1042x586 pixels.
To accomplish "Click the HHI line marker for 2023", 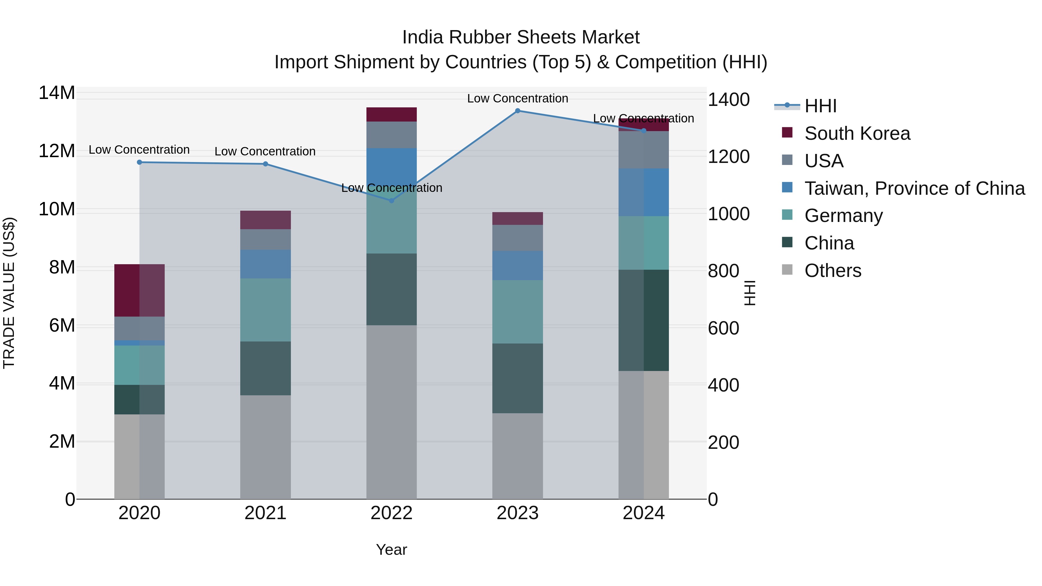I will (x=517, y=111).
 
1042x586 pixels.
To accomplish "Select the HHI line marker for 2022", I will (x=391, y=201).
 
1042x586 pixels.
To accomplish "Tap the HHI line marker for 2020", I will (x=140, y=162).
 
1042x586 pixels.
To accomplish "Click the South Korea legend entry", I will (x=857, y=133).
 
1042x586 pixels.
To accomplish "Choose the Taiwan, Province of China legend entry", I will (x=914, y=188).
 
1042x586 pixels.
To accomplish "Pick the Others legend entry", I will (x=832, y=271).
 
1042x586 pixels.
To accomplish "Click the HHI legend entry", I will (x=820, y=106).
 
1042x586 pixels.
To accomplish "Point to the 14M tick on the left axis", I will (x=57, y=93).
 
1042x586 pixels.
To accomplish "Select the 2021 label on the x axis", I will (x=265, y=513).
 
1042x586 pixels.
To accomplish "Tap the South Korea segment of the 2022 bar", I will (x=391, y=114).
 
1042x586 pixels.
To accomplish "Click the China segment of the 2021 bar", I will (x=265, y=368).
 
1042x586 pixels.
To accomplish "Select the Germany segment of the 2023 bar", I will (x=517, y=311).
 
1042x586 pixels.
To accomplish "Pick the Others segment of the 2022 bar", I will (x=391, y=412).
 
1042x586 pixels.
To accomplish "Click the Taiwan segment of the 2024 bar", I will (x=643, y=192).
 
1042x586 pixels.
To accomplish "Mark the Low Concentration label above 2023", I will (x=517, y=98).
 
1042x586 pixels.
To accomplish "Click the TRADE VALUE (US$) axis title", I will (x=9, y=293).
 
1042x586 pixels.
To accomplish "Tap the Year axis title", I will (x=391, y=550).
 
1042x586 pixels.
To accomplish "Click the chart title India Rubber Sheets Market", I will (x=521, y=37).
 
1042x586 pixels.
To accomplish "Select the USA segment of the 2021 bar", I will (x=265, y=239).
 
